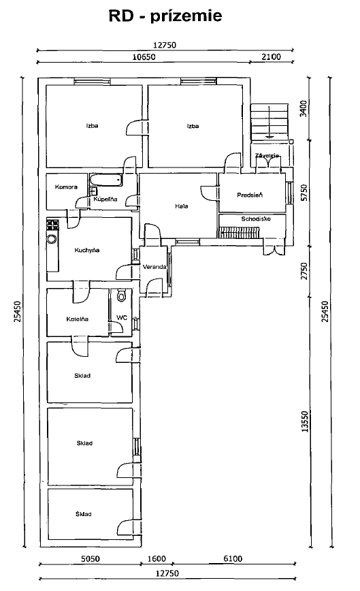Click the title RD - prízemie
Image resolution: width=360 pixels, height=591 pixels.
[x=165, y=16]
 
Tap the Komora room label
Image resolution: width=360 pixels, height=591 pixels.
[x=66, y=187]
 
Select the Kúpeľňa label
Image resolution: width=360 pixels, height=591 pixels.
[x=105, y=199]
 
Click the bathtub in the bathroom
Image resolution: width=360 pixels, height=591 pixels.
[x=107, y=180]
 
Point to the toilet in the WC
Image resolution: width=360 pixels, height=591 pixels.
[x=121, y=295]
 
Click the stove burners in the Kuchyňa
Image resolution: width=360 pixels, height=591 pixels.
[x=52, y=225]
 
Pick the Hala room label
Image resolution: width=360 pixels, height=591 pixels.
[x=182, y=206]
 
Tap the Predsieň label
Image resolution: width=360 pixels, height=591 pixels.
[x=250, y=195]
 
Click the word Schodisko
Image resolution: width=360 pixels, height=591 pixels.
[x=256, y=219]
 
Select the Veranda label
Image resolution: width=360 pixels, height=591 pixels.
[x=154, y=267]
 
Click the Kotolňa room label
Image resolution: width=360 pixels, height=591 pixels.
[x=77, y=319]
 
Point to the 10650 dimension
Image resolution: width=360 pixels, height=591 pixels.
[x=144, y=57]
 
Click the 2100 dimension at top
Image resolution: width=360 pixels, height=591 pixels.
[x=271, y=57]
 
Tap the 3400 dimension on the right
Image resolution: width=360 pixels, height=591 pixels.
[x=304, y=108]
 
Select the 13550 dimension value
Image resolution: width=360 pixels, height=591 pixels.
[x=305, y=421]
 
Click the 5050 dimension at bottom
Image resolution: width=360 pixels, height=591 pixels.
[x=91, y=558]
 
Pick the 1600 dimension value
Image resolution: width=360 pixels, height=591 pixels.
[x=157, y=558]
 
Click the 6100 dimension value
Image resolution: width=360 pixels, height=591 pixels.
[x=233, y=558]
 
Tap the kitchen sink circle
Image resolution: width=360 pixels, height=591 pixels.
[x=51, y=238]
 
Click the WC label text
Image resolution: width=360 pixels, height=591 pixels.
[x=122, y=318]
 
